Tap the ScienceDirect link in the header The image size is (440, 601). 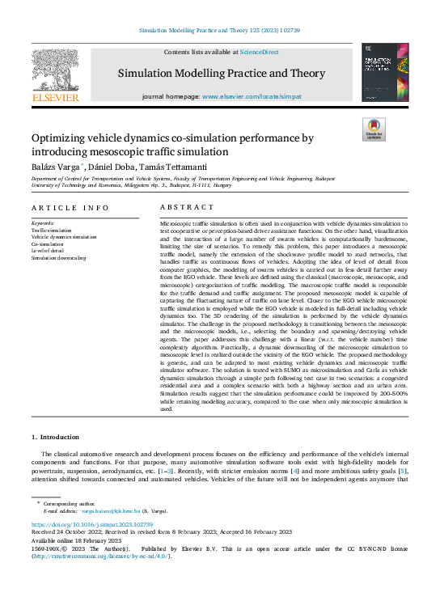[x=259, y=52]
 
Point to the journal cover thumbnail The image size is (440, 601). [x=383, y=72]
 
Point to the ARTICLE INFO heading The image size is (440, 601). [x=65, y=208]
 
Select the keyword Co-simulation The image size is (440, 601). [x=47, y=243]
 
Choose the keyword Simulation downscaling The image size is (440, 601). [x=58, y=258]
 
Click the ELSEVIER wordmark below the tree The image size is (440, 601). [x=54, y=99]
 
